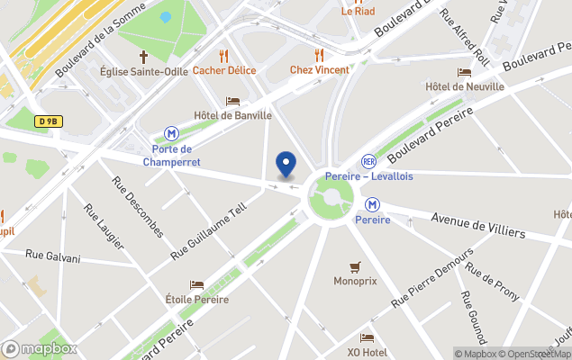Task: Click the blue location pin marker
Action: coord(286,165)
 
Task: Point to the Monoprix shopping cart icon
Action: coord(355,267)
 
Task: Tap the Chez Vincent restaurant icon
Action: coord(318,55)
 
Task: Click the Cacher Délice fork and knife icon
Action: coord(223,55)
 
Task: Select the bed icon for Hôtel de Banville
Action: coord(232,101)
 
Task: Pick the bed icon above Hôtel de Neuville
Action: coord(464,72)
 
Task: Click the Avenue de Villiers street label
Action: coord(478,225)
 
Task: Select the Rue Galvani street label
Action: coord(53,257)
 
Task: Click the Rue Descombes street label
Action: coord(137,206)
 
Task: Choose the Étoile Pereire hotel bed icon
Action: coord(196,285)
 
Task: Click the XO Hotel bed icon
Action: coord(367,338)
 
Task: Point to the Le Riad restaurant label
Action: coord(358,12)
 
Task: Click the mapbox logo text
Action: coord(49,348)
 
